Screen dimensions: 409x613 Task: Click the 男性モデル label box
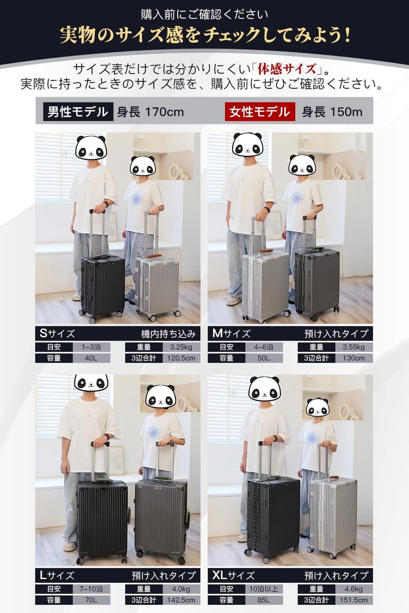pyautogui.click(x=78, y=112)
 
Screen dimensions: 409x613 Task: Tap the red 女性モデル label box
pyautogui.click(x=260, y=112)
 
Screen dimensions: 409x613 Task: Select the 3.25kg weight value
pyautogui.click(x=181, y=347)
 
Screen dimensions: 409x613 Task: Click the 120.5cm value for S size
pyautogui.click(x=181, y=358)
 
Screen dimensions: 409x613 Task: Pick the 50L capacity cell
pyautogui.click(x=264, y=358)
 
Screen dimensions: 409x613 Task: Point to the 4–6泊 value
pyautogui.click(x=264, y=347)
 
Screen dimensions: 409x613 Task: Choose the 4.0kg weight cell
pyautogui.click(x=181, y=589)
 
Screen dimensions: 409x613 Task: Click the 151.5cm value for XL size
pyautogui.click(x=354, y=600)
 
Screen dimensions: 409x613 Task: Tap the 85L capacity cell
pyautogui.click(x=264, y=600)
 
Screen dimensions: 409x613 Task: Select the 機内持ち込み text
pyautogui.click(x=169, y=334)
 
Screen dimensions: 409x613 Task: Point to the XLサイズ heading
pyautogui.click(x=234, y=575)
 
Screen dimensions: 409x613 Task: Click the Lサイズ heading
pyautogui.click(x=57, y=575)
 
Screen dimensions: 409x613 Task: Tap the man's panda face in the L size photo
pyautogui.click(x=91, y=382)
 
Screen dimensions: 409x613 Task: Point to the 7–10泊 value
pyautogui.click(x=91, y=589)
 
